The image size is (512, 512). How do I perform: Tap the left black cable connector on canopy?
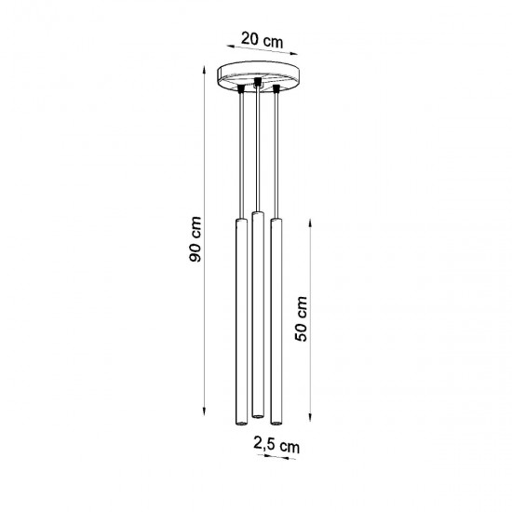pyautogui.click(x=240, y=88)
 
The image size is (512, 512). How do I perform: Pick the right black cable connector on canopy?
pyautogui.click(x=276, y=89)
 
